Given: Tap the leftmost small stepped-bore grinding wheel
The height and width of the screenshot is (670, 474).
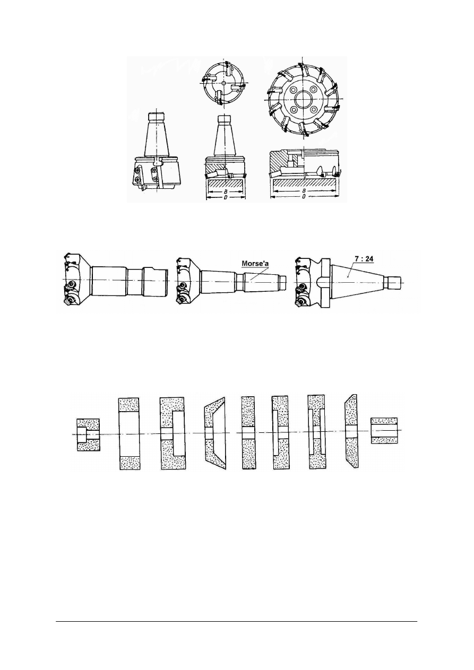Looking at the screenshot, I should [x=88, y=434].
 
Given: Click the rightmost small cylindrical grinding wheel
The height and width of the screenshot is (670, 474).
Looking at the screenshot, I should [x=383, y=431].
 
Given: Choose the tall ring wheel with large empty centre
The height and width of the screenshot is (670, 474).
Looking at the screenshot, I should [x=130, y=433].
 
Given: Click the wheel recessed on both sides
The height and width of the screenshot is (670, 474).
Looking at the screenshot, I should [x=316, y=432].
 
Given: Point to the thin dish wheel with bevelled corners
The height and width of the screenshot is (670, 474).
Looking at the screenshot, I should [x=351, y=432].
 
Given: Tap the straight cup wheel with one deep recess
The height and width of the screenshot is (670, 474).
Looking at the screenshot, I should [x=172, y=433].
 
